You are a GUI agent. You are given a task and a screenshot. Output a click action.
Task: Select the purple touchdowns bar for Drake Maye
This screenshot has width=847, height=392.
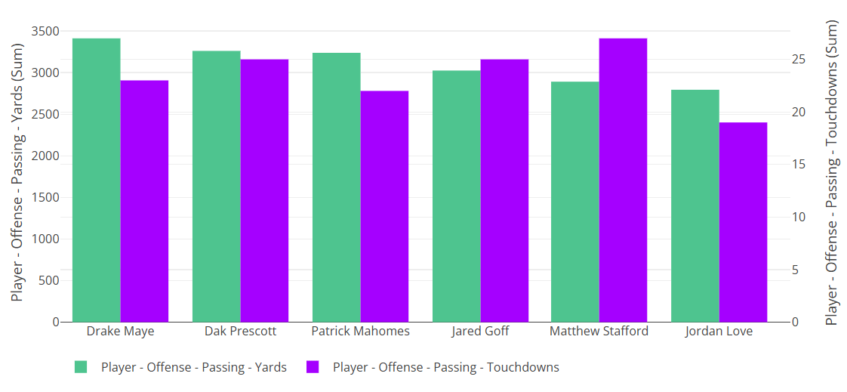coord(144,201)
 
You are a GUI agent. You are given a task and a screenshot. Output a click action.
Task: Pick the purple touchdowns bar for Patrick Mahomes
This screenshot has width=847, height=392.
coord(384,206)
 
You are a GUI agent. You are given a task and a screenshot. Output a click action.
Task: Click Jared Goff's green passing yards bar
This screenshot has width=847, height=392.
coord(456,196)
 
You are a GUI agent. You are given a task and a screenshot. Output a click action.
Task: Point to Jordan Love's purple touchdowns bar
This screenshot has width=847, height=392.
coord(743,222)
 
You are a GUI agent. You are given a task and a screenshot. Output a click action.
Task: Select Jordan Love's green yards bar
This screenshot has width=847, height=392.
coord(695,205)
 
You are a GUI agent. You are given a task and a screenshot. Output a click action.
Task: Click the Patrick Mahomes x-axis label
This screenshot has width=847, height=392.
coord(360,332)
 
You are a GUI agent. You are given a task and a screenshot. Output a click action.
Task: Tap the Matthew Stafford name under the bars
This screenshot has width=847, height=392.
coord(599,332)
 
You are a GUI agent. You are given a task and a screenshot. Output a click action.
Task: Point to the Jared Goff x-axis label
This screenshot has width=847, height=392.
coord(480,332)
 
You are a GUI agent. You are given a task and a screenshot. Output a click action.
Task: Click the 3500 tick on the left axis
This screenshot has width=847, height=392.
coord(45,32)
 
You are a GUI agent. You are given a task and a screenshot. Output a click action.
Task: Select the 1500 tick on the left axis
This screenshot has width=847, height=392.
coord(45,198)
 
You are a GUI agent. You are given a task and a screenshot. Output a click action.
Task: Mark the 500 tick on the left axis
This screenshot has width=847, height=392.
coord(49,281)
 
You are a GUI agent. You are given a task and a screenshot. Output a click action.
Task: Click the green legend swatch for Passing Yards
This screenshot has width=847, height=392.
coord(81,367)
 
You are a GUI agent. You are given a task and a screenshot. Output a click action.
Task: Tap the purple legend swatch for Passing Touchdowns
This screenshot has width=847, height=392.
coord(313,367)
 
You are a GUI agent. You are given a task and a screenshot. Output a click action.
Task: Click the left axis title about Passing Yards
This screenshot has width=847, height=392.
coord(17,172)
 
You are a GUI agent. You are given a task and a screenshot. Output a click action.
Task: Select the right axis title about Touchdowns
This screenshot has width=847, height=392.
coord(832,172)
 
